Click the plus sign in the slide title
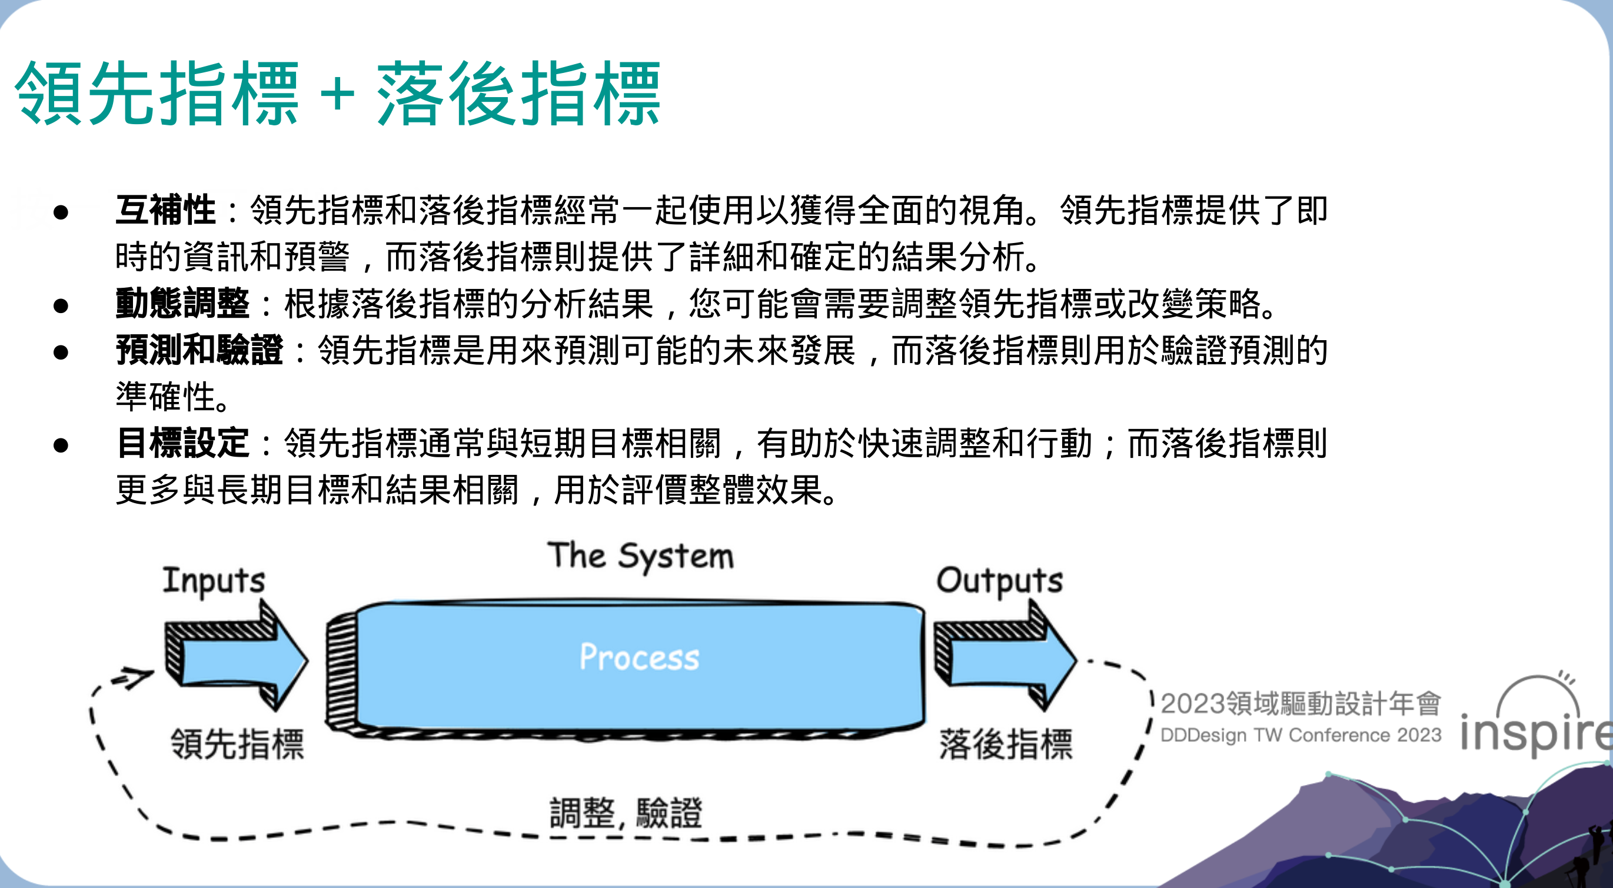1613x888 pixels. click(337, 95)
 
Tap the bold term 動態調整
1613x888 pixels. click(183, 304)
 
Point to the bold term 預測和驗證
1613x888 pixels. click(199, 350)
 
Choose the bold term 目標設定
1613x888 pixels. click(183, 443)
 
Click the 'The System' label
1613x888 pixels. click(641, 556)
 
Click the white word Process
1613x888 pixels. click(639, 657)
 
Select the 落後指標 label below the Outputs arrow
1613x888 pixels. click(1006, 745)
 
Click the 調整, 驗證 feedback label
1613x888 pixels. click(626, 813)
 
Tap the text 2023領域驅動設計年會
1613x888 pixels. click(1301, 704)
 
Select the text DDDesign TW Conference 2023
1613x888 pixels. click(1301, 735)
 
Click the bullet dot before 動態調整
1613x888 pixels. click(61, 305)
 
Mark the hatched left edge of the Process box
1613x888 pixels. click(342, 670)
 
